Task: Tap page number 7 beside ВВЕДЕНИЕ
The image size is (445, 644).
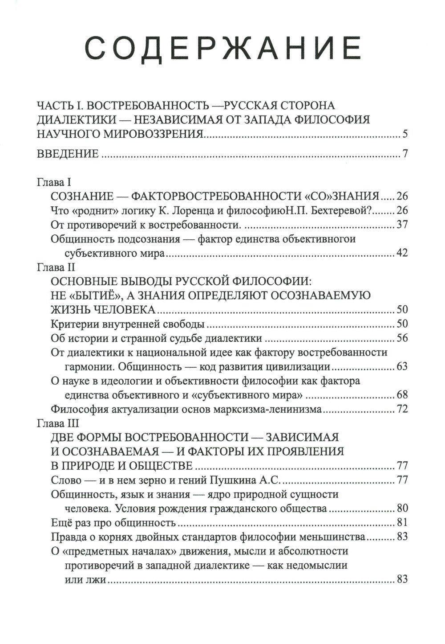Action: click(405, 155)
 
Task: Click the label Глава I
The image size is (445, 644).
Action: click(50, 182)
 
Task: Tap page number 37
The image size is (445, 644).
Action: click(401, 225)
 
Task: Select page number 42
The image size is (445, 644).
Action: click(401, 254)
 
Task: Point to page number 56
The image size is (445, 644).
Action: click(401, 338)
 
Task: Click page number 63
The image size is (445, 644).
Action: click(401, 367)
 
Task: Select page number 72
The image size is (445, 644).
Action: click(401, 410)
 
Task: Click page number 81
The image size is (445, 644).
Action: click(401, 523)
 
